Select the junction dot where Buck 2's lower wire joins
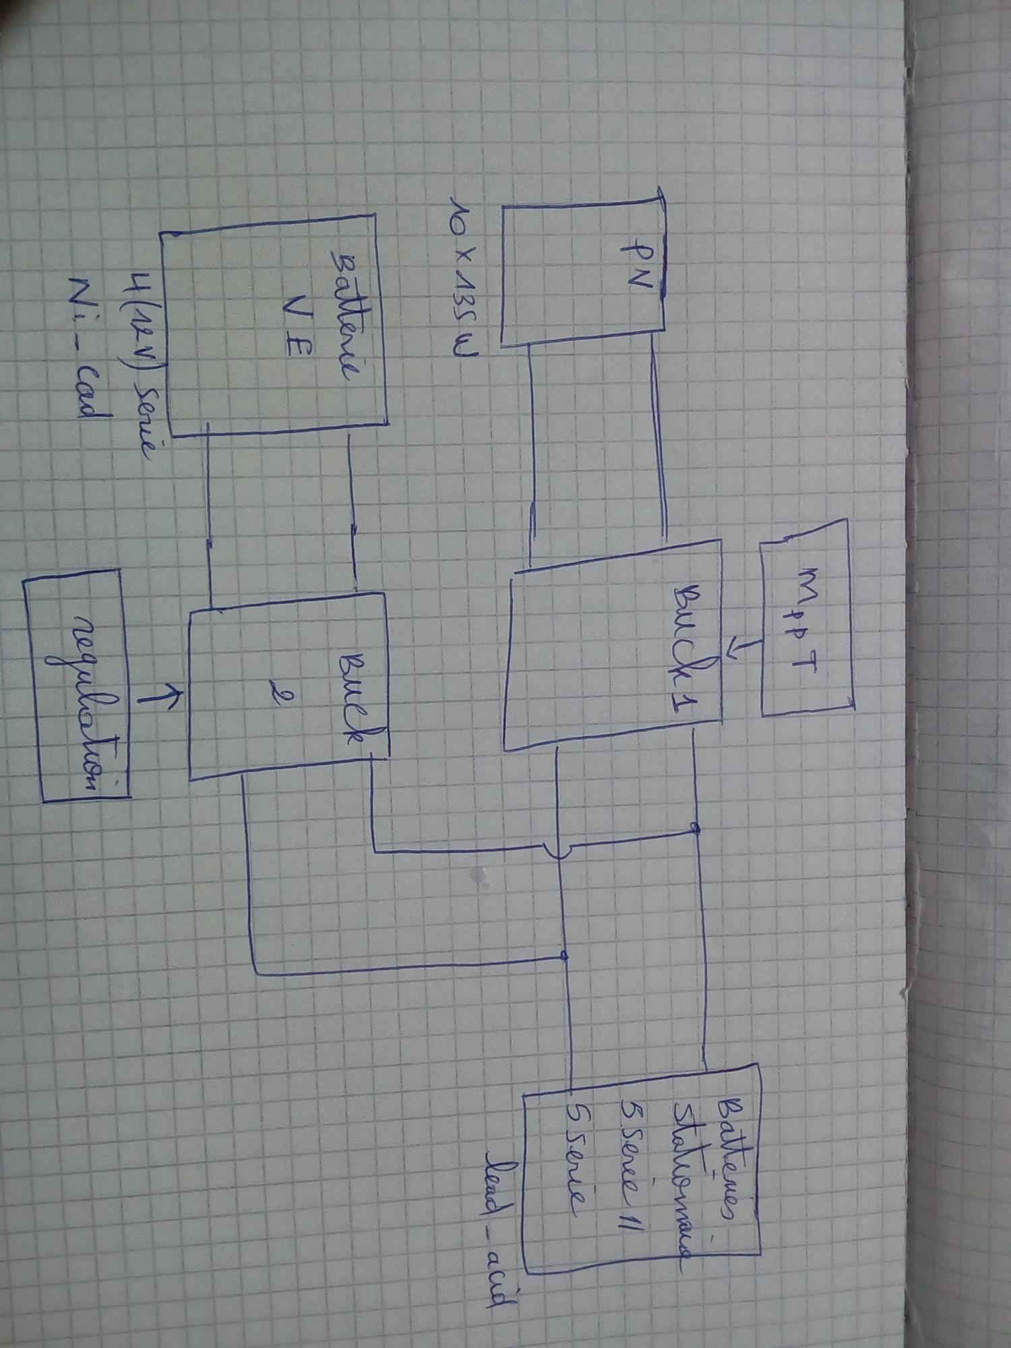click(x=565, y=956)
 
